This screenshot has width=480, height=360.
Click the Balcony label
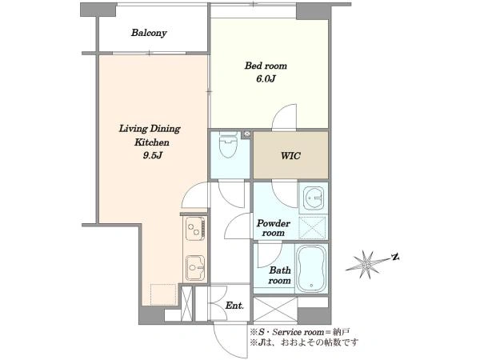pyautogui.click(x=149, y=33)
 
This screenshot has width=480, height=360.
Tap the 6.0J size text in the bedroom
pyautogui.click(x=266, y=79)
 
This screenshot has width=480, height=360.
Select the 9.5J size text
pyautogui.click(x=152, y=155)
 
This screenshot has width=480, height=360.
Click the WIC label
pyautogui.click(x=290, y=156)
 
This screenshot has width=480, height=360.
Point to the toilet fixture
pyautogui.click(x=229, y=144)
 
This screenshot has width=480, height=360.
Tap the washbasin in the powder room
pyautogui.click(x=313, y=198)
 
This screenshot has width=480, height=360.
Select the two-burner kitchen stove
pyautogui.click(x=195, y=228)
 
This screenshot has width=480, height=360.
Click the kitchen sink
pyautogui.click(x=195, y=268)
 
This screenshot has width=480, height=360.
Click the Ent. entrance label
pyautogui.click(x=234, y=306)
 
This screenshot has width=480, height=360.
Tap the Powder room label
pyautogui.click(x=274, y=228)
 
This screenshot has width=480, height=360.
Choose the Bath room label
pyautogui.click(x=279, y=275)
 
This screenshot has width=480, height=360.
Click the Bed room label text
pyautogui.click(x=266, y=66)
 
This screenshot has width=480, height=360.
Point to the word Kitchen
pyautogui.click(x=152, y=142)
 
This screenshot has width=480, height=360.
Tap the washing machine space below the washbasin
pyautogui.click(x=312, y=227)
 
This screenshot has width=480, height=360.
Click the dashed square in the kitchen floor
pyautogui.click(x=163, y=294)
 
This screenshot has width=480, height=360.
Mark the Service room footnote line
pyautogui.click(x=300, y=332)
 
